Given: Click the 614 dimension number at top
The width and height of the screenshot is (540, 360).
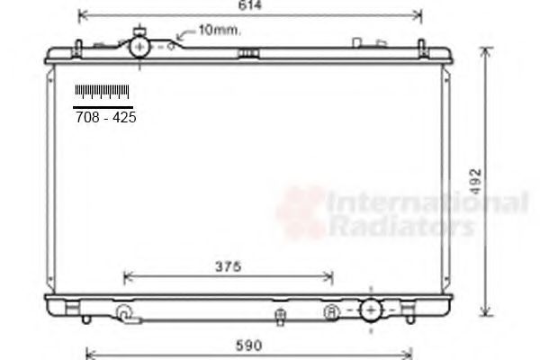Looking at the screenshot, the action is point(250,4).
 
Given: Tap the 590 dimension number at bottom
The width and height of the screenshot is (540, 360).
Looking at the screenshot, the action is point(249,346).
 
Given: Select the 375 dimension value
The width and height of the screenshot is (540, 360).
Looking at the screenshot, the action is point(228,266).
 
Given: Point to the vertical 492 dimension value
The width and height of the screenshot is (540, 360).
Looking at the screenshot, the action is point(475,181).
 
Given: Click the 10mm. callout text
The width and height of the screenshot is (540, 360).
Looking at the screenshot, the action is point(220,31).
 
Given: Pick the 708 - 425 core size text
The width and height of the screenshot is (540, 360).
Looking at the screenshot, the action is point(105,118).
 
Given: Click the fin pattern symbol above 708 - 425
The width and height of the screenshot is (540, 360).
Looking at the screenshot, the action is point(103,92).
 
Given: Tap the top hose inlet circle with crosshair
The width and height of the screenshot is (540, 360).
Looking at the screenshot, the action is point(139,47).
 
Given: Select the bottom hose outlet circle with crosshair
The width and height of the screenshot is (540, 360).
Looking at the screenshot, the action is point(371,310).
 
